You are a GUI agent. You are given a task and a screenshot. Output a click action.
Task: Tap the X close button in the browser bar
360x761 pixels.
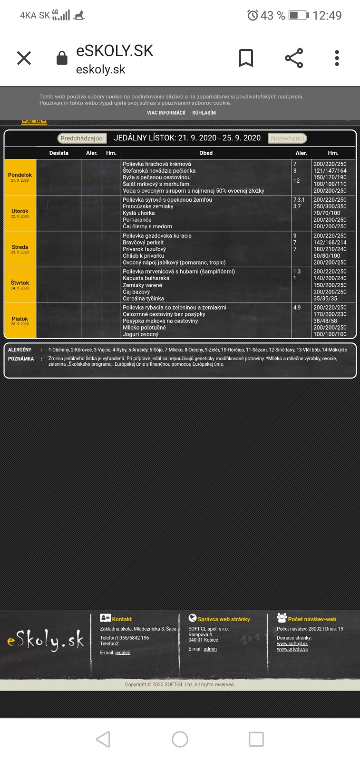(24, 58)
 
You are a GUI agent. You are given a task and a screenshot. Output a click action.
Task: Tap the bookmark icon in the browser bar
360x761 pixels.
(246, 58)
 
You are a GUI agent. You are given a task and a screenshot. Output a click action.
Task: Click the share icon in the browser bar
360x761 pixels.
(294, 58)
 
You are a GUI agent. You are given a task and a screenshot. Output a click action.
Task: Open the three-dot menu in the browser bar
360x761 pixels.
(337, 58)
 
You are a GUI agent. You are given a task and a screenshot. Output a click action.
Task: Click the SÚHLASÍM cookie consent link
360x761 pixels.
(204, 113)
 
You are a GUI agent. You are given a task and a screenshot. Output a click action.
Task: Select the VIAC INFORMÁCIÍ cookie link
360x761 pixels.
(166, 113)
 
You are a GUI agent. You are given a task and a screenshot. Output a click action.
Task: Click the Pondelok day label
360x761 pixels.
(20, 175)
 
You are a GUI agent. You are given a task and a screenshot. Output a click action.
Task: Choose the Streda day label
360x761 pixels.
(20, 247)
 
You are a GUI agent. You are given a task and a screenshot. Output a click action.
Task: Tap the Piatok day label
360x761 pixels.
(20, 319)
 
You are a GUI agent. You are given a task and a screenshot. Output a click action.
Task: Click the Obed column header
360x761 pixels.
(206, 153)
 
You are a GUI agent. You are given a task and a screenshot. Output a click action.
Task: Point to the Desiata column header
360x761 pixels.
(59, 153)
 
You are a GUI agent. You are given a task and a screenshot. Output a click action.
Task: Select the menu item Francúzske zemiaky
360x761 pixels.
(148, 206)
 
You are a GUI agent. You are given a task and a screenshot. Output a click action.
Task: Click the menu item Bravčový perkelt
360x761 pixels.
(143, 243)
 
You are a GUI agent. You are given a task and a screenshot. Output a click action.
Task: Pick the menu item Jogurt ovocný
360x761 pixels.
(141, 334)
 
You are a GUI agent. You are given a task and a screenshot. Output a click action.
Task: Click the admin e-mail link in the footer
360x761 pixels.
(210, 649)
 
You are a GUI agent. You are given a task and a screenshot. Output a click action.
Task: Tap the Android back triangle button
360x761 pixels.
(103, 739)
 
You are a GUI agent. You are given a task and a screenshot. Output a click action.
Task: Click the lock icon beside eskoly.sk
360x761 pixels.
(62, 58)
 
